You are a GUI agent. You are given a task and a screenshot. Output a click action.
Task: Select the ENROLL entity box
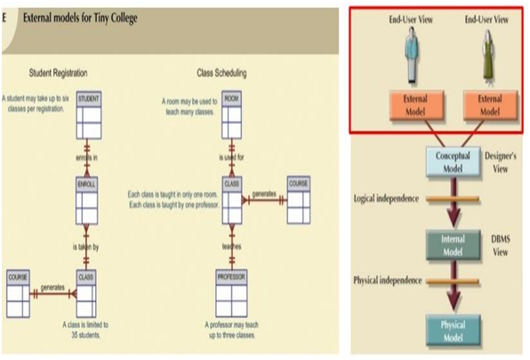click(86, 196)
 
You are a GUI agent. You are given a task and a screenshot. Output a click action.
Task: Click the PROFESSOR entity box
click(231, 292)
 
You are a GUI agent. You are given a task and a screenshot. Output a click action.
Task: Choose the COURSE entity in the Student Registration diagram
click(19, 292)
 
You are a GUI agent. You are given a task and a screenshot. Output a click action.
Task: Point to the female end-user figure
click(486, 55)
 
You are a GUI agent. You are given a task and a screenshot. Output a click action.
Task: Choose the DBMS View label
click(503, 244)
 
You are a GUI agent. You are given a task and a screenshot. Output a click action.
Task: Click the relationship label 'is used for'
click(231, 157)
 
